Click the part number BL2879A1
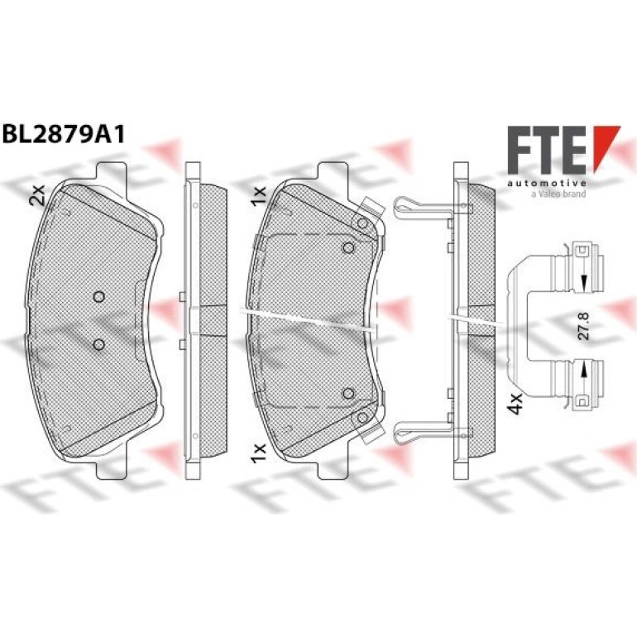click(64, 135)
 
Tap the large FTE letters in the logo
click(546, 150)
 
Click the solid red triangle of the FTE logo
click(606, 147)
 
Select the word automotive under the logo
click(546, 184)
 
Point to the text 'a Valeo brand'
click(558, 194)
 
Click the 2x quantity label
click(36, 194)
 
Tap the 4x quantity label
click(516, 404)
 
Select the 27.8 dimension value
click(584, 326)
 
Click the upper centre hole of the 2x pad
click(98, 297)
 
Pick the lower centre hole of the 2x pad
click(98, 345)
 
